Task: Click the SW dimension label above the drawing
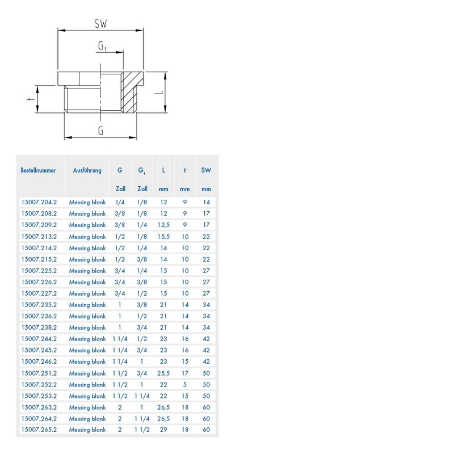click(x=100, y=24)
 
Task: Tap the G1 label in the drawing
click(x=103, y=47)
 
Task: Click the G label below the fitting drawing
click(x=100, y=131)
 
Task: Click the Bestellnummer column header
click(x=39, y=170)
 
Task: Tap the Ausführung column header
click(x=87, y=170)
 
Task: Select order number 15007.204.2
click(x=39, y=202)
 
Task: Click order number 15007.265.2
click(x=39, y=430)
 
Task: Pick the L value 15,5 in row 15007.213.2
click(x=163, y=237)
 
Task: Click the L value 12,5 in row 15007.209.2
click(x=163, y=225)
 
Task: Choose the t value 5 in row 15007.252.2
click(x=185, y=385)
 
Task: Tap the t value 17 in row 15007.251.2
click(x=185, y=373)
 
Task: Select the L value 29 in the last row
click(x=163, y=430)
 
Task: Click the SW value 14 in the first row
click(x=206, y=202)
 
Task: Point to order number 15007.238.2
click(x=39, y=327)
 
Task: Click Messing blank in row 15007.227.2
click(x=87, y=293)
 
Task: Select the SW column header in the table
click(x=206, y=170)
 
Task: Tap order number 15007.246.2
click(x=39, y=361)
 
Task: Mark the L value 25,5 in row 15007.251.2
click(x=163, y=373)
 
